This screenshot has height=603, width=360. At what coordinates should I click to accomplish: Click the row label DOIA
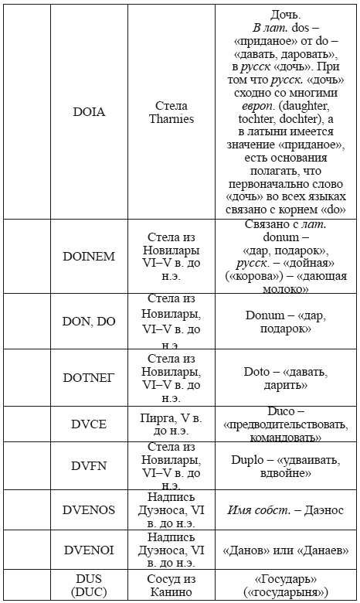[x=89, y=112]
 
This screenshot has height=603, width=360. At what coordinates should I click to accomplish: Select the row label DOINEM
[x=89, y=257]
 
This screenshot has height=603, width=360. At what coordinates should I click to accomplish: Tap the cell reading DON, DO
[x=89, y=322]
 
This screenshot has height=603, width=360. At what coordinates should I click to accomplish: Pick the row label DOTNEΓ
[x=89, y=377]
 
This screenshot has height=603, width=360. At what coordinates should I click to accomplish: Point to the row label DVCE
[x=89, y=424]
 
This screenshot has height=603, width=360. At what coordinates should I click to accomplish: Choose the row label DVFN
[x=89, y=466]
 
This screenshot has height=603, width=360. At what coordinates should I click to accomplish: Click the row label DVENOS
[x=89, y=510]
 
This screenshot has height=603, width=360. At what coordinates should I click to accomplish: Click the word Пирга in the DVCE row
[x=159, y=417]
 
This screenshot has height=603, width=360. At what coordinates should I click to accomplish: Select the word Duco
[x=281, y=411]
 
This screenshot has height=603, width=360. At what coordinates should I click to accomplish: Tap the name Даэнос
[x=324, y=510]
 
